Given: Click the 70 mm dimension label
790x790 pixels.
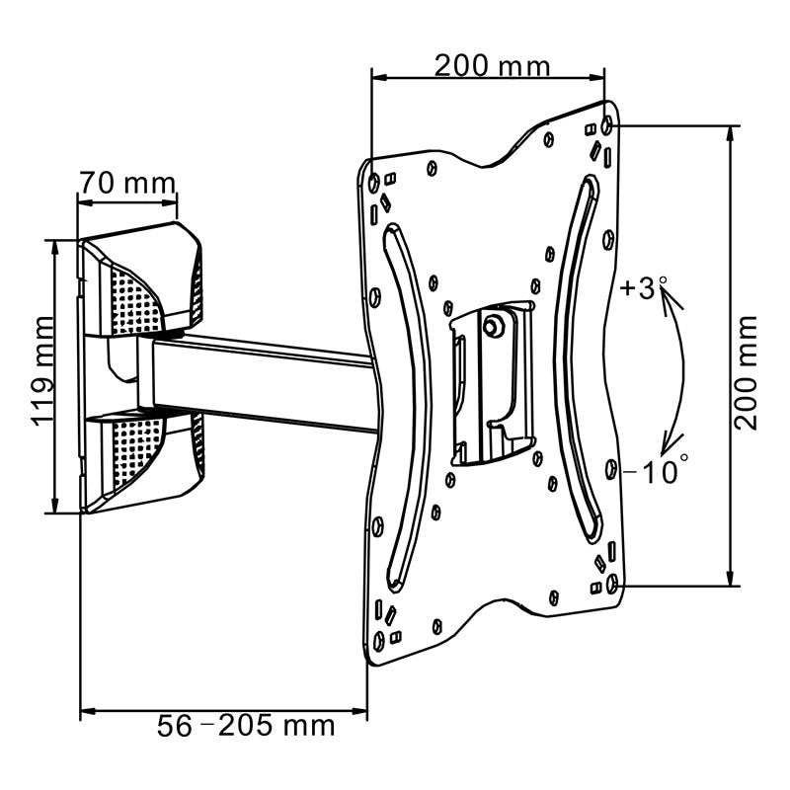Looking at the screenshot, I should (x=127, y=184).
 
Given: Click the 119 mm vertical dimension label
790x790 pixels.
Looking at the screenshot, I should (x=42, y=370).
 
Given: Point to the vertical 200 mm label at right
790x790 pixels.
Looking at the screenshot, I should (x=748, y=370).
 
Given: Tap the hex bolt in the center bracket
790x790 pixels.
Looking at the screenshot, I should (x=493, y=323).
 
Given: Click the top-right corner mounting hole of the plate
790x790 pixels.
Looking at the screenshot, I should (x=606, y=126).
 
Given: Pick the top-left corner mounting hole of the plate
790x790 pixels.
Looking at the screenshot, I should (x=373, y=183).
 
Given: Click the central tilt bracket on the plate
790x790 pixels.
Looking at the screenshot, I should (x=491, y=385).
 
